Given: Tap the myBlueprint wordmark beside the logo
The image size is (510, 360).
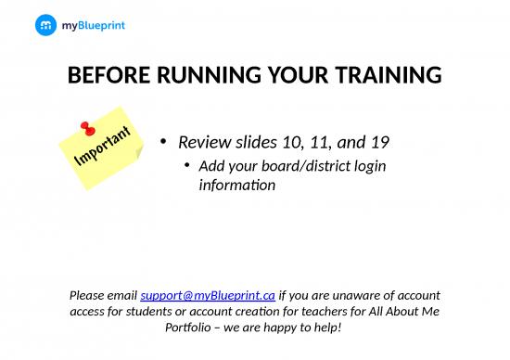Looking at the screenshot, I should (x=93, y=26).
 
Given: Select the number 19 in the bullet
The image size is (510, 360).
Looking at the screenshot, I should (x=379, y=143).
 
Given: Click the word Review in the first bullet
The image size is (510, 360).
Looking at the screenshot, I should (x=202, y=143).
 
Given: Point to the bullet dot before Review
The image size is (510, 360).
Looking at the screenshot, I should (x=163, y=143).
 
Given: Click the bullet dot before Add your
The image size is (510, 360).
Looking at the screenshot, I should (x=187, y=166).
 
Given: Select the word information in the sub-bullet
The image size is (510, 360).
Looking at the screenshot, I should (x=237, y=185).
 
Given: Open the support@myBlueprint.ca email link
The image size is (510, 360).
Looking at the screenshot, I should (x=208, y=295).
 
